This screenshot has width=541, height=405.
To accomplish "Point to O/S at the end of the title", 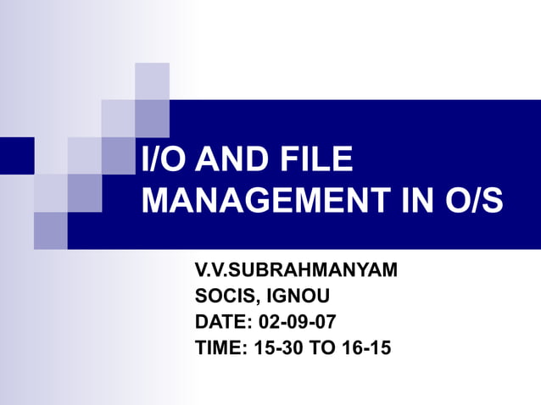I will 470,202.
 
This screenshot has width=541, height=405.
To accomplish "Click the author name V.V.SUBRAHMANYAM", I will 296,272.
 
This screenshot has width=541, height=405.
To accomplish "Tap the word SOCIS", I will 225,297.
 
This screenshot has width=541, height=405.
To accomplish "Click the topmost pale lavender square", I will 152,80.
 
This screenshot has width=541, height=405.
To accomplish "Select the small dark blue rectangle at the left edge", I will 16,155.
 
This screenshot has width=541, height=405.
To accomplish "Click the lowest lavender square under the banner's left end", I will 50,230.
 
